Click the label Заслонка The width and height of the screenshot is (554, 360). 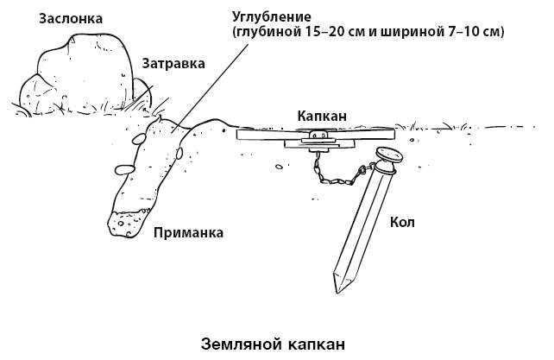(71, 17)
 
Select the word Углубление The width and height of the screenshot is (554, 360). (270, 16)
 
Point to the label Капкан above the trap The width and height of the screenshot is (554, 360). (323, 115)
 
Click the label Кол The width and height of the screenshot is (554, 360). (403, 223)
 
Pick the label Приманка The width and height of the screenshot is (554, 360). (188, 232)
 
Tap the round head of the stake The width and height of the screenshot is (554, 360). (389, 155)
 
